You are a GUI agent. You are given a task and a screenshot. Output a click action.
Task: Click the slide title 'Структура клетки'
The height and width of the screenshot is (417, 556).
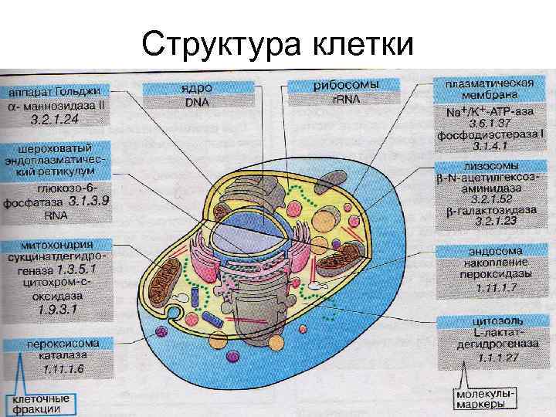278,46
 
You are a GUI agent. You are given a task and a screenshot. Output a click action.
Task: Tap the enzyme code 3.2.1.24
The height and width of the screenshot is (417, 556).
54,120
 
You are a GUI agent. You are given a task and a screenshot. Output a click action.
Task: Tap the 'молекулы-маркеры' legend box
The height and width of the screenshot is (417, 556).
485,398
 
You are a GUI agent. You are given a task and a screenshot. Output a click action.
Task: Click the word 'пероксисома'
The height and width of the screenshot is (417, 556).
54,344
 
